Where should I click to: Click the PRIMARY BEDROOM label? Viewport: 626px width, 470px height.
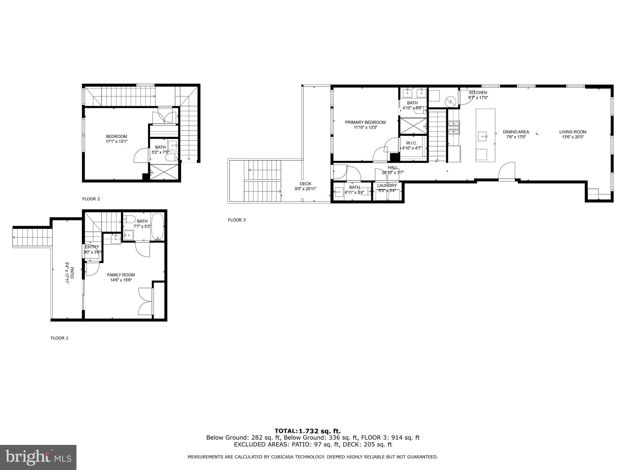click(x=365, y=122)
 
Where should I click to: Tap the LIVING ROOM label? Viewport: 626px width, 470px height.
click(x=573, y=132)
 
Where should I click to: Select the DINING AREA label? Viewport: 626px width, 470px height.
click(x=516, y=132)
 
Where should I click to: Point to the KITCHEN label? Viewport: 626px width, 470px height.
click(x=478, y=93)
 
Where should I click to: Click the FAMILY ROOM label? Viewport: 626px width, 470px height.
click(x=121, y=275)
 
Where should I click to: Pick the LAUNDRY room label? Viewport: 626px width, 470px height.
click(x=387, y=186)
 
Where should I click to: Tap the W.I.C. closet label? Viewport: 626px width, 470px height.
click(x=411, y=143)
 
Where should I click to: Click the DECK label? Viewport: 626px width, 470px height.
click(x=305, y=184)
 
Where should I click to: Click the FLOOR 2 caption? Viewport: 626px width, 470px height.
click(x=91, y=199)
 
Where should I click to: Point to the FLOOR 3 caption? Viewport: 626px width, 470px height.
click(x=237, y=220)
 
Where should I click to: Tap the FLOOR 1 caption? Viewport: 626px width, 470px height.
click(x=60, y=338)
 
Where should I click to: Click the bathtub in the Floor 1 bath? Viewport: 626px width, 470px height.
click(x=158, y=227)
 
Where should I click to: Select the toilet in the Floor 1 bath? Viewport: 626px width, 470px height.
click(x=130, y=219)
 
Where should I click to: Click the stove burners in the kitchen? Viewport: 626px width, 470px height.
click(x=454, y=128)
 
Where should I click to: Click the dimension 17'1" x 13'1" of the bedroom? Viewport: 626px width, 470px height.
click(x=116, y=141)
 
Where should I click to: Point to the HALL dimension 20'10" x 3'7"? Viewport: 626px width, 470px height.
click(x=393, y=173)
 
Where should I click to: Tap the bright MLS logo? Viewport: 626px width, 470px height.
click(x=38, y=457)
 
